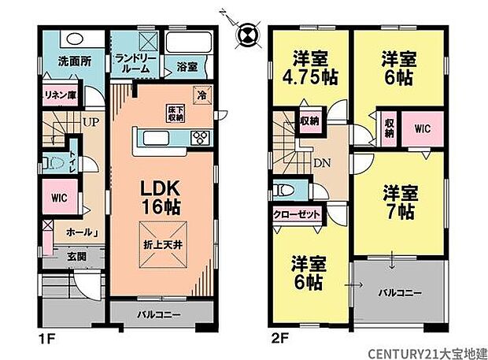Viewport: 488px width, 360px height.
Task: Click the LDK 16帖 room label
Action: click(161, 196)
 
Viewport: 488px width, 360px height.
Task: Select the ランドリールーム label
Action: click(137, 61)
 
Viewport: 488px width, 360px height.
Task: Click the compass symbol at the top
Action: click(247, 32)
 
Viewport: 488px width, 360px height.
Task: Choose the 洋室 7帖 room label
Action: click(399, 202)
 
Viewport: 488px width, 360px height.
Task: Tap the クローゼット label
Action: click(296, 213)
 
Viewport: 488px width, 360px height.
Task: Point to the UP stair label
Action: click(91, 122)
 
